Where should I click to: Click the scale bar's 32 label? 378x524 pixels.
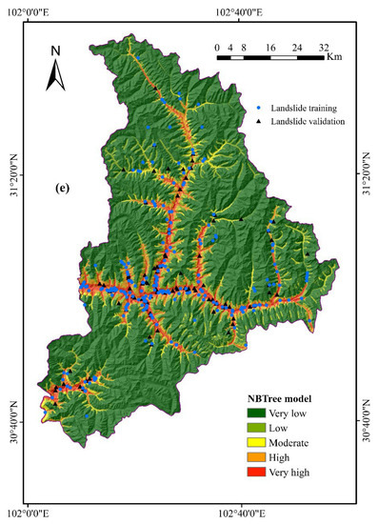coord(325,47)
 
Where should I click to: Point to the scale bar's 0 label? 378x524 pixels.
coord(217,47)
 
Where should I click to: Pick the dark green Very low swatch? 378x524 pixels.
coord(254,412)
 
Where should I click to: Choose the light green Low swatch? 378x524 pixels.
coord(254,427)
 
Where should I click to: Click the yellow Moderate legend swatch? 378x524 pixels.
coord(254,442)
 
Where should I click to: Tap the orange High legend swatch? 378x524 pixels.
coord(254,456)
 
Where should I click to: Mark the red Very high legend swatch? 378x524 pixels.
coord(254,472)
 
